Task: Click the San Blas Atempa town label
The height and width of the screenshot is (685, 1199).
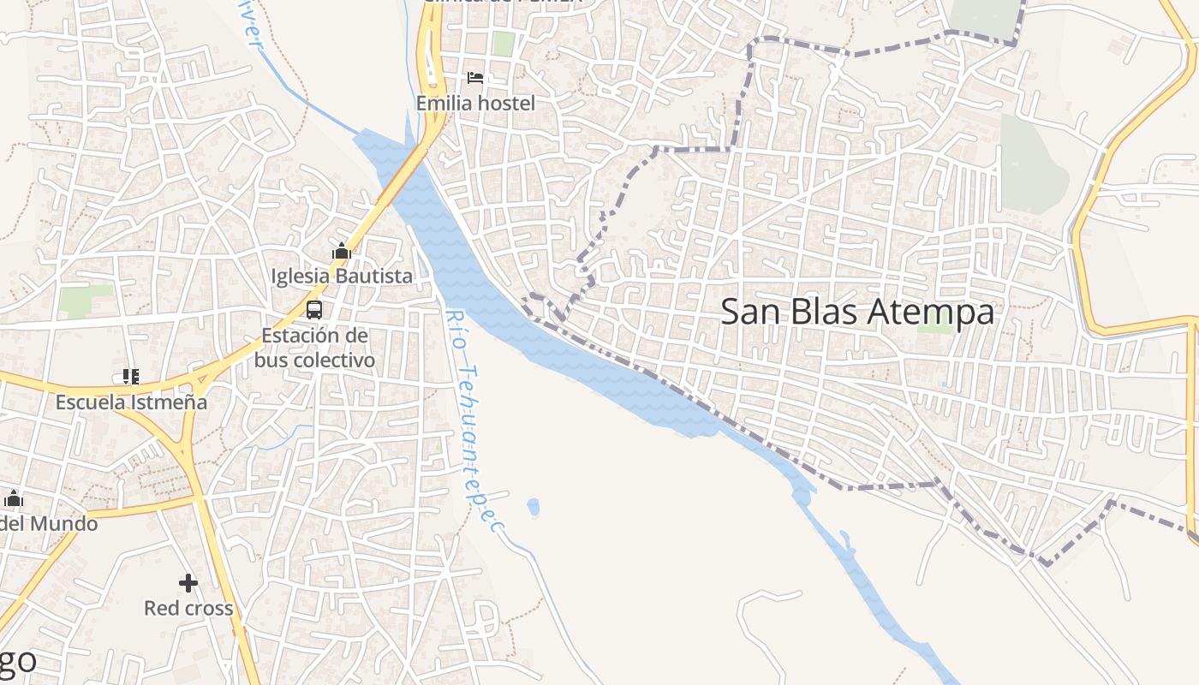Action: tap(856, 312)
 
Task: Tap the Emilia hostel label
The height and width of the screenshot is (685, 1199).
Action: tap(475, 104)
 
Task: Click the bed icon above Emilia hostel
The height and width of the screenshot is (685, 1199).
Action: tap(475, 78)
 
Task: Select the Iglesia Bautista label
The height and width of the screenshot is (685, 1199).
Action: tap(342, 277)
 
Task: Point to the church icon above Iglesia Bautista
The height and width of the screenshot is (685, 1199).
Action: tap(342, 251)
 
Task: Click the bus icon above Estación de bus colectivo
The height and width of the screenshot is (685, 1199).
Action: tap(314, 310)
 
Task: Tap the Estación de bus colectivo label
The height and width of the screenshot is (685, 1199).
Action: tap(314, 348)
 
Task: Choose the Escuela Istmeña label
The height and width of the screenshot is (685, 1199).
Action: tap(131, 402)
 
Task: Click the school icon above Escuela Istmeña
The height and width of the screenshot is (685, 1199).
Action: tap(131, 377)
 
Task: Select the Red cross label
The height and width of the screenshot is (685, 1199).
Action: tap(188, 609)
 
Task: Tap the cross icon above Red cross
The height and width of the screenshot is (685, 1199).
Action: tap(188, 583)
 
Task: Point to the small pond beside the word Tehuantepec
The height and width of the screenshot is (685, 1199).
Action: tap(534, 507)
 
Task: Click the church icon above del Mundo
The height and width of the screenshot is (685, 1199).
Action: tap(14, 498)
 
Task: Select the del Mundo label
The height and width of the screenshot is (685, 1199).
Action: tap(48, 523)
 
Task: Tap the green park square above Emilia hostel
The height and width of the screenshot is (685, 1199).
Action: tap(503, 43)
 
